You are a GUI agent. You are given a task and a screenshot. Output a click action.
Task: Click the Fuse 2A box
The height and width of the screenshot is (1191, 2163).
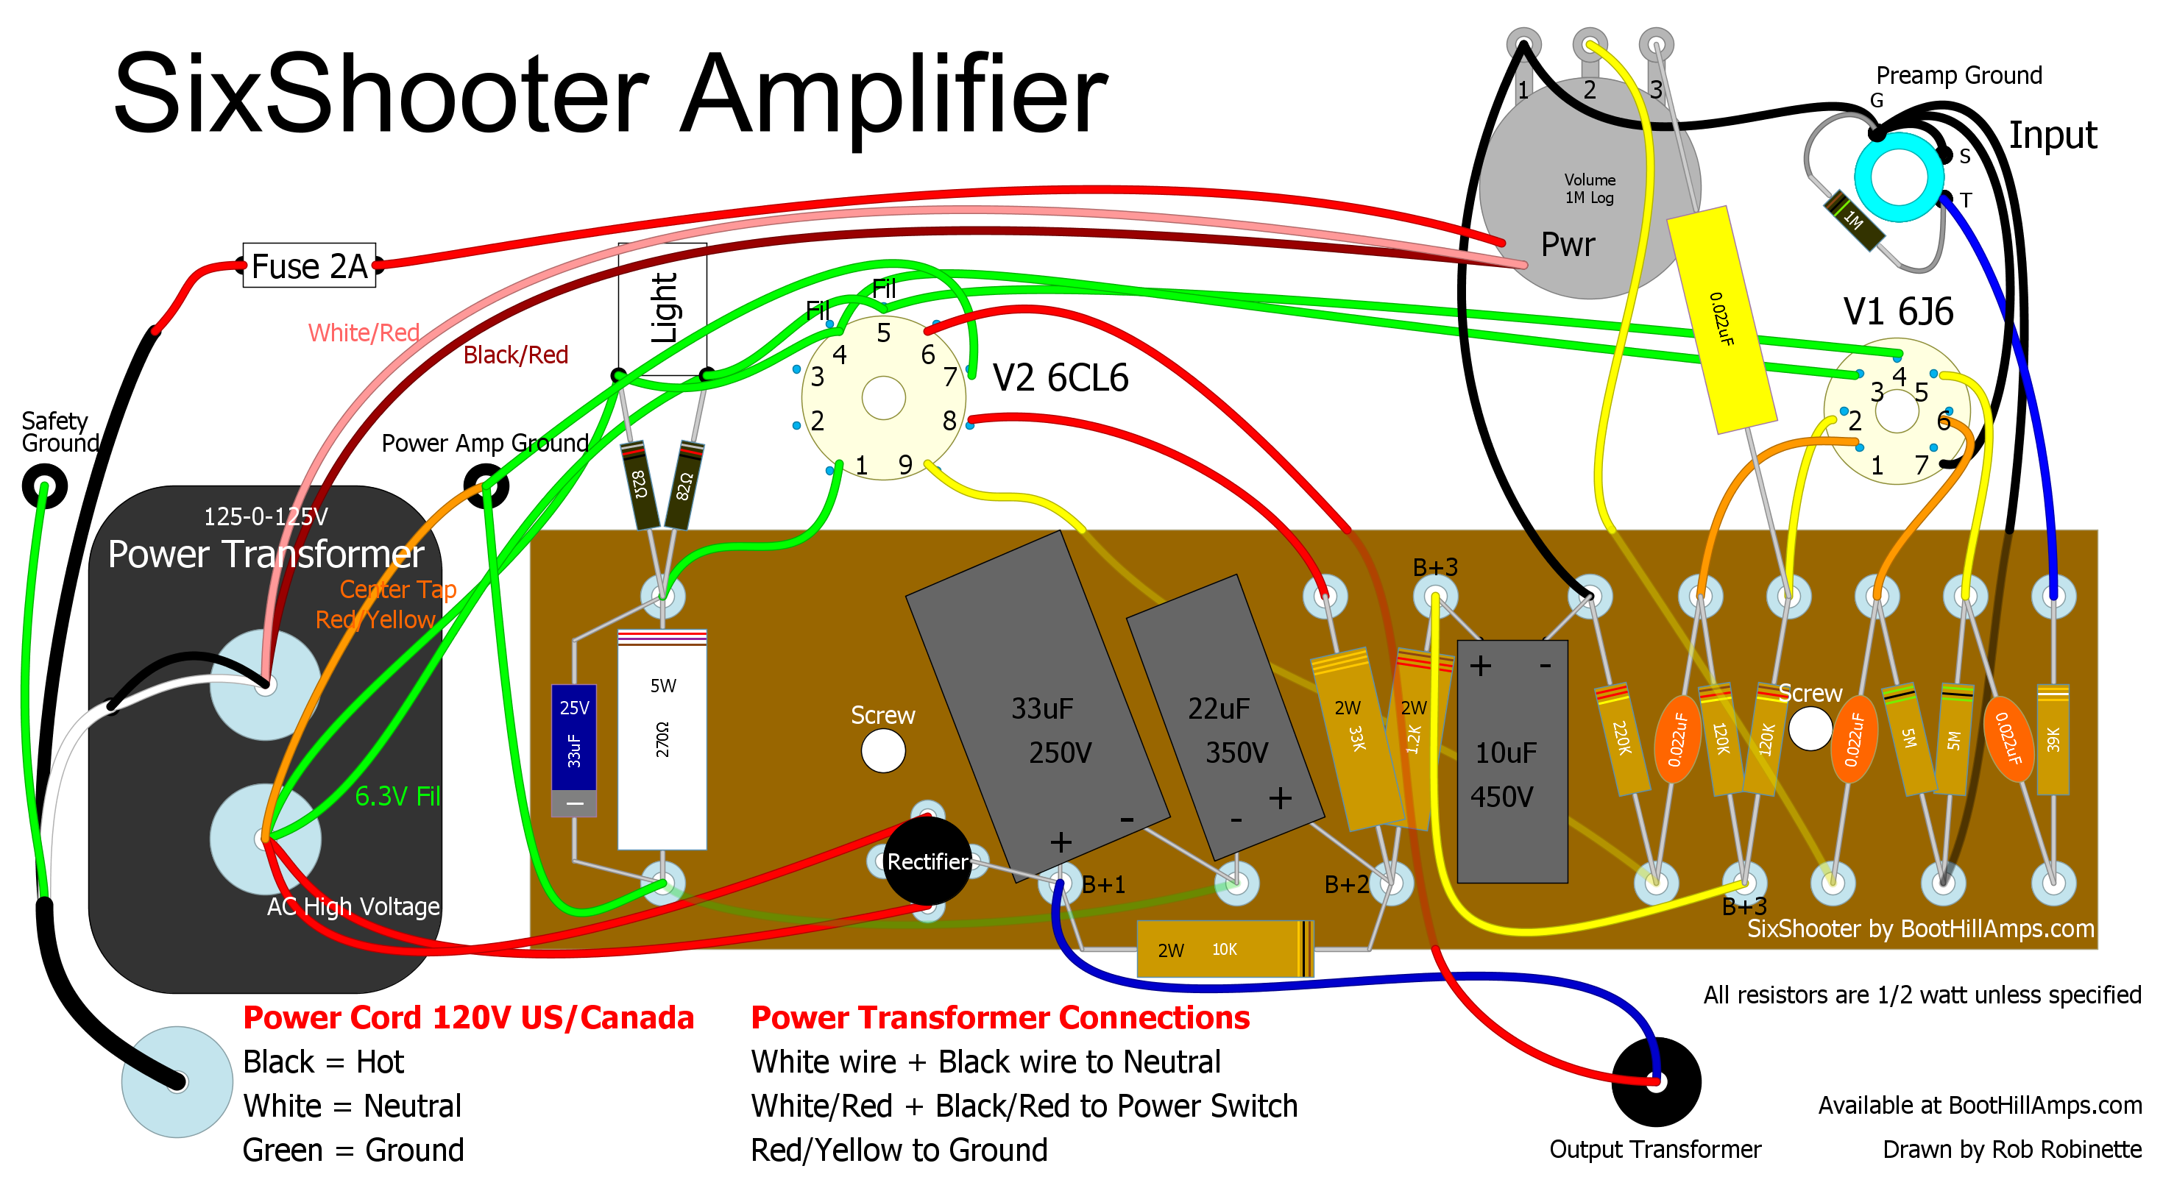click(x=309, y=266)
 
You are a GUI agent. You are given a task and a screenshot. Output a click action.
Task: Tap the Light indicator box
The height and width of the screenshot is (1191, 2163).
click(x=662, y=308)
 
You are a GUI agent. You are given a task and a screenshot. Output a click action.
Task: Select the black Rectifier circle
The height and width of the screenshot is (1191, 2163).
click(x=927, y=861)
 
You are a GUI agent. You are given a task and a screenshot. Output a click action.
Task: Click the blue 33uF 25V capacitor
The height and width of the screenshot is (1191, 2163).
click(x=573, y=739)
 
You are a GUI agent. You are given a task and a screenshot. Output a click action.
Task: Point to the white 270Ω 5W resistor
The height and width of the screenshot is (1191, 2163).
click(x=662, y=739)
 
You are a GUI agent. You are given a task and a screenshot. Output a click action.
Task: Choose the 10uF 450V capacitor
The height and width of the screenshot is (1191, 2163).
click(x=1512, y=761)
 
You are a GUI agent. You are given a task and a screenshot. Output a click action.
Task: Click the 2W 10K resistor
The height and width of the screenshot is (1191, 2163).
click(x=1224, y=949)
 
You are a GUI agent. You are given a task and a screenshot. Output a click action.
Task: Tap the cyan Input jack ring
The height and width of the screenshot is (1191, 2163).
click(x=1900, y=177)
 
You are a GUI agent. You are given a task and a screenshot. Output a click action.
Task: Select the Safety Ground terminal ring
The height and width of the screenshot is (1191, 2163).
click(x=44, y=485)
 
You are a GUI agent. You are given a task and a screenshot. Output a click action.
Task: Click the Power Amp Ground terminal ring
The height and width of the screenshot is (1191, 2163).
click(x=486, y=485)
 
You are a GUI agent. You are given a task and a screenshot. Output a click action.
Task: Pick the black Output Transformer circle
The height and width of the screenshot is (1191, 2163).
click(x=1656, y=1081)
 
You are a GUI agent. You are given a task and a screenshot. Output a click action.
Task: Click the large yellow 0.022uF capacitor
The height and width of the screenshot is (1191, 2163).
click(x=1721, y=319)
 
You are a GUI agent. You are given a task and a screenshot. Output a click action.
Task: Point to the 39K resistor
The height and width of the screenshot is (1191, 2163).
click(x=2053, y=739)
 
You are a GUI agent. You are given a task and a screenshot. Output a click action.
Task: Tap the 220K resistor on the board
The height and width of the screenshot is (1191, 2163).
click(x=1622, y=739)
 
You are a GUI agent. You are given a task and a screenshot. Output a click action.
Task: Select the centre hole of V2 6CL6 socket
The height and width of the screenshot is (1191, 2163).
click(x=883, y=397)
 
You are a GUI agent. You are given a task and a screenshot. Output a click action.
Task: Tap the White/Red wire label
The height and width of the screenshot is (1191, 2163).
click(x=364, y=333)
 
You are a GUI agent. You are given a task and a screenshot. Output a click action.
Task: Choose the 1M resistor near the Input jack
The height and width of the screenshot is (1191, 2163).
click(x=1854, y=220)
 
